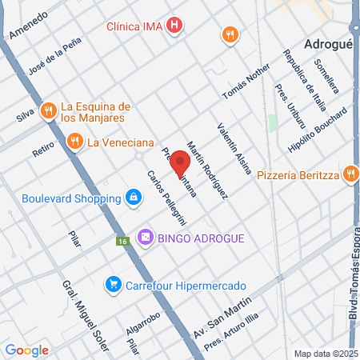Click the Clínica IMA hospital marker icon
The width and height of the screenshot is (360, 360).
(175, 26)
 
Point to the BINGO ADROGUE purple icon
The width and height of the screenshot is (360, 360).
(145, 237)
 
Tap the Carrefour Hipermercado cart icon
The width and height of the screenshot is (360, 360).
(114, 284)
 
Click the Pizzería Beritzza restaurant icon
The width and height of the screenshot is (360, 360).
(350, 174)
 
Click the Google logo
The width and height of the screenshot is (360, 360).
(26, 350)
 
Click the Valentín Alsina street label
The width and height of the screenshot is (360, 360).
(234, 147)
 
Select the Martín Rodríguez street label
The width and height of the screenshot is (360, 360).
(207, 169)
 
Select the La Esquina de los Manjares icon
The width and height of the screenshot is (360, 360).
(49, 110)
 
